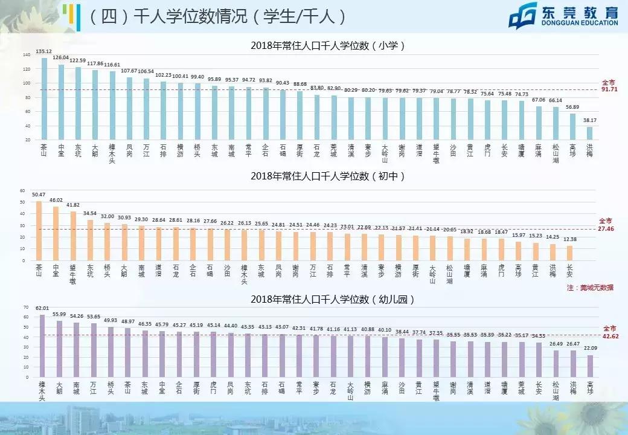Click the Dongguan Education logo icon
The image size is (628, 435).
523,16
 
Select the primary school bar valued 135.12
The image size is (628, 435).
44,98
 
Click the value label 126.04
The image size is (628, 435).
61,57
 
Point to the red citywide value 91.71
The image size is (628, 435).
609,89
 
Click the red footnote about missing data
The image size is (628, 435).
590,288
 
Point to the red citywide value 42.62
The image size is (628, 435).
609,335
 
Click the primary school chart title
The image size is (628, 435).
327,45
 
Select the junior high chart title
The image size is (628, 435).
327,176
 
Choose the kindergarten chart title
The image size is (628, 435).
327,299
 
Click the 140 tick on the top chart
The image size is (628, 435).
27,55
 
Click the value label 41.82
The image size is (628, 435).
73,205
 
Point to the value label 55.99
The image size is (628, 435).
59,314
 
